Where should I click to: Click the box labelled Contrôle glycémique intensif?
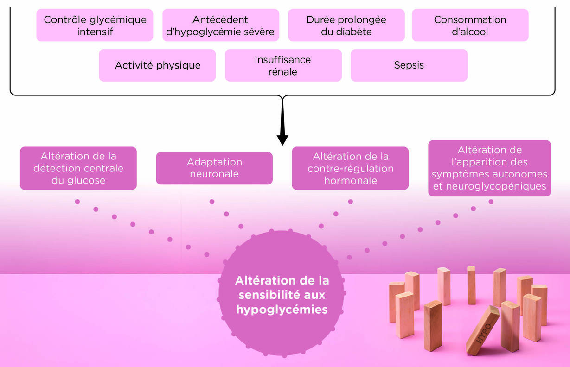pyautogui.click(x=95, y=25)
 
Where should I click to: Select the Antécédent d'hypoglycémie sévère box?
pyautogui.click(x=220, y=25)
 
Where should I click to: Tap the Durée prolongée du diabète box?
pyautogui.click(x=346, y=25)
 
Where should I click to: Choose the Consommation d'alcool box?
pyautogui.click(x=470, y=25)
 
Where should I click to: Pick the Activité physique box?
pyautogui.click(x=157, y=65)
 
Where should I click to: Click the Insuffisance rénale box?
pyautogui.click(x=283, y=65)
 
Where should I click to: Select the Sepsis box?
pyautogui.click(x=409, y=65)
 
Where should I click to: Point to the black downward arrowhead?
pyautogui.click(x=282, y=139)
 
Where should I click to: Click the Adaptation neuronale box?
pyautogui.click(x=214, y=168)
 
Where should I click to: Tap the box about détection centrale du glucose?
pyautogui.click(x=78, y=168)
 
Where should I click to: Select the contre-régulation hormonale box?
pyautogui.click(x=350, y=168)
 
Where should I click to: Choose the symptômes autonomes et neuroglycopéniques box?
pyautogui.click(x=489, y=168)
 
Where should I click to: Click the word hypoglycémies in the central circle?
pyautogui.click(x=282, y=310)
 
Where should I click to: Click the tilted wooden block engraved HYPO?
pyautogui.click(x=483, y=329)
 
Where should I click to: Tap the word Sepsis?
pyautogui.click(x=409, y=65)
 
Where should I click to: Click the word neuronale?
pyautogui.click(x=214, y=174)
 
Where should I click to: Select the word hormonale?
pyautogui.click(x=350, y=181)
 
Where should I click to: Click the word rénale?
pyautogui.click(x=282, y=72)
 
